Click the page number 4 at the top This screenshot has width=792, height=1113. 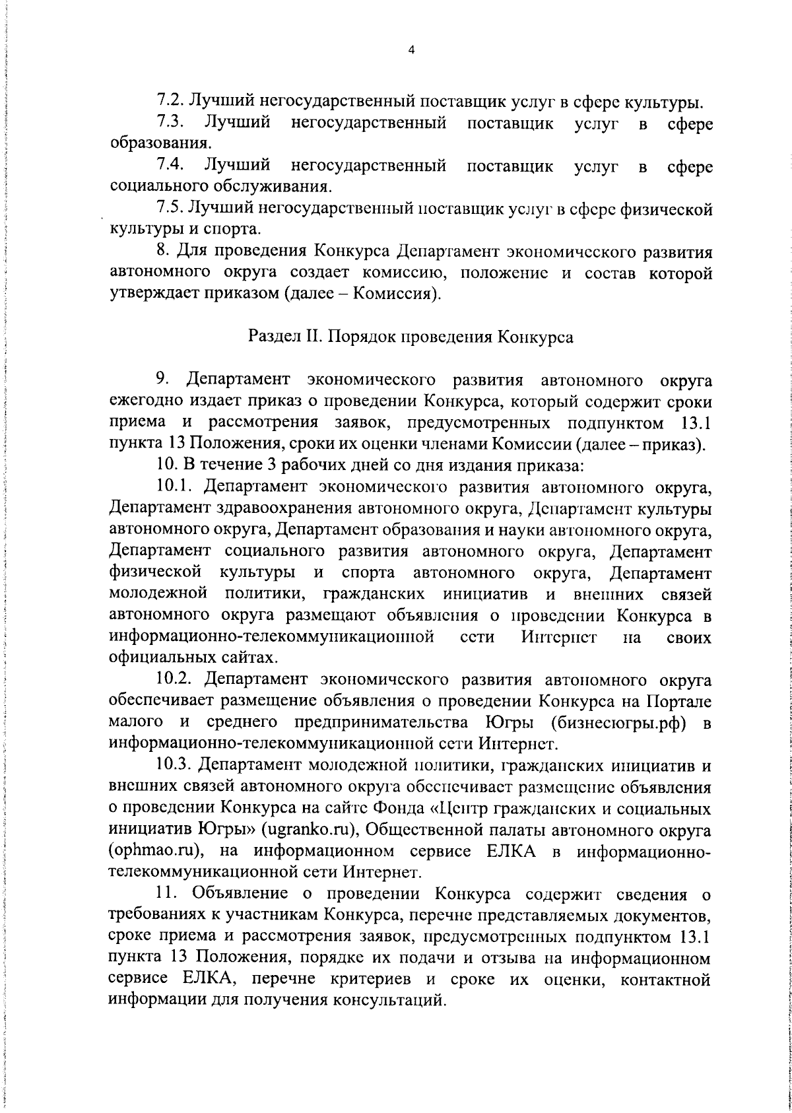(411, 50)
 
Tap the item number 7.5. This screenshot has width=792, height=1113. (171, 209)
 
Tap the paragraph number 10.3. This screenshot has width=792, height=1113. (176, 766)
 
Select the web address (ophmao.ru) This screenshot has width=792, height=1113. (154, 850)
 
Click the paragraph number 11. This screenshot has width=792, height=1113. (166, 894)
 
